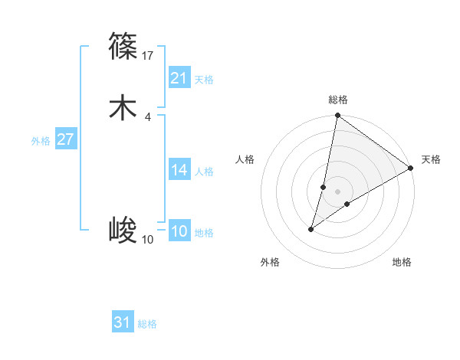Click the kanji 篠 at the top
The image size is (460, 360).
pyautogui.click(x=123, y=47)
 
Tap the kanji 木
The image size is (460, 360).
pyautogui.click(x=123, y=108)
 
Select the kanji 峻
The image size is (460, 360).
pyautogui.click(x=123, y=230)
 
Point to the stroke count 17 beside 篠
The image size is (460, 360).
pyautogui.click(x=149, y=55)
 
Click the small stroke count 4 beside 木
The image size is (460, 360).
pyautogui.click(x=147, y=116)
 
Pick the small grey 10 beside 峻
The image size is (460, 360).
pyautogui.click(x=148, y=239)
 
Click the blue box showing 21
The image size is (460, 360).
pyautogui.click(x=179, y=79)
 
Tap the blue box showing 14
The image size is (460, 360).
pyautogui.click(x=179, y=171)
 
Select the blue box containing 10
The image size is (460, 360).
pyautogui.click(x=179, y=232)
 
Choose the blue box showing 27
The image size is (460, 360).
pyautogui.click(x=66, y=140)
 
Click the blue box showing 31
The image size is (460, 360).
pyautogui.click(x=123, y=323)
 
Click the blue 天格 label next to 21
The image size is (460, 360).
pyautogui.click(x=204, y=80)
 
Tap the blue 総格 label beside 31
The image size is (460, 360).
pyautogui.click(x=147, y=324)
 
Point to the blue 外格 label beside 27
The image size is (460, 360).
pyautogui.click(x=41, y=141)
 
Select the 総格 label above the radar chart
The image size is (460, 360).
pyautogui.click(x=338, y=100)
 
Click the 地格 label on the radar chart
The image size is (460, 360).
pyautogui.click(x=402, y=263)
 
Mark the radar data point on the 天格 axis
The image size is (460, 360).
pyautogui.click(x=411, y=169)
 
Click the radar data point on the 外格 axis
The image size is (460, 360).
pyautogui.click(x=311, y=229)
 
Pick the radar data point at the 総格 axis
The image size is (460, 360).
pyautogui.click(x=338, y=116)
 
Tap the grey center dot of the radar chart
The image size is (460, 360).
pyautogui.click(x=338, y=191)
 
